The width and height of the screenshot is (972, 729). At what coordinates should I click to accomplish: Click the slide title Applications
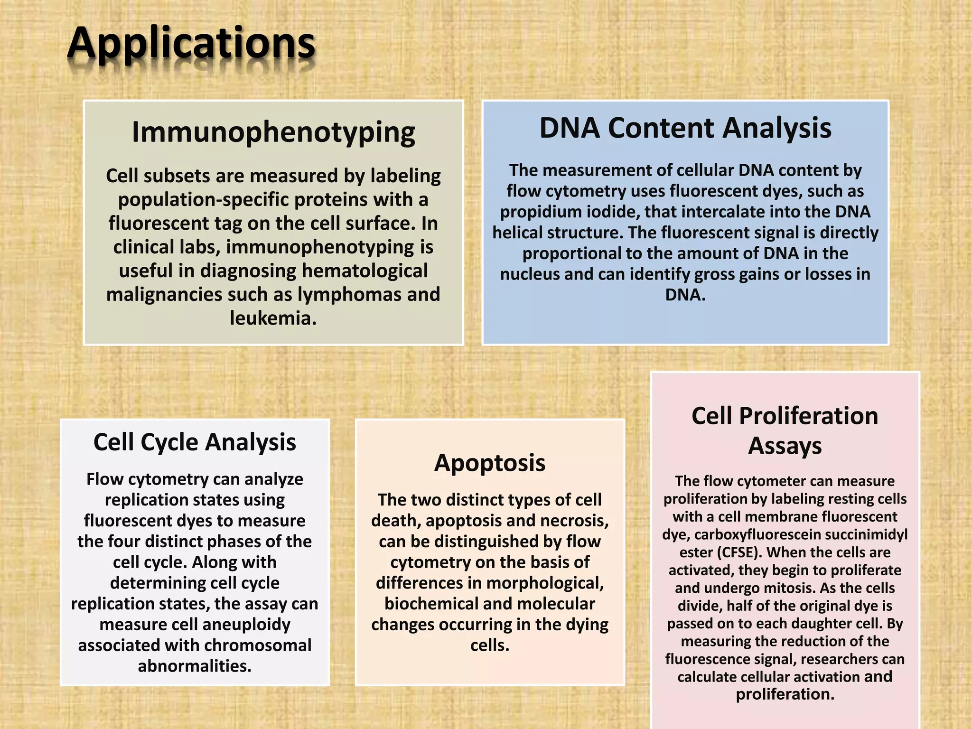point(191,44)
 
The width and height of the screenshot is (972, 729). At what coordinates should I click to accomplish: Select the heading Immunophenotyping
point(273,132)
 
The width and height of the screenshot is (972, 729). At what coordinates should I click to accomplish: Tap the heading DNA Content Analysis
point(685,128)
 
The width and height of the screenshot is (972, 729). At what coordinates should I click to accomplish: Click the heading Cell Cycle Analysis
point(195,442)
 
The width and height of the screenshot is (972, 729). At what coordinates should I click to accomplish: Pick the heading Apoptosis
point(490,463)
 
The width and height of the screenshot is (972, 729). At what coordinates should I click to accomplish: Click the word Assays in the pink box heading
point(785,446)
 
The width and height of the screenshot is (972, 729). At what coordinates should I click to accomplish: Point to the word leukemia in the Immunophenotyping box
point(272,318)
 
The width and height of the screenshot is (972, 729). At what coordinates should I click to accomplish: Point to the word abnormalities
point(195,666)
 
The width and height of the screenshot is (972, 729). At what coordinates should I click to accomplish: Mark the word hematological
point(365,271)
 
